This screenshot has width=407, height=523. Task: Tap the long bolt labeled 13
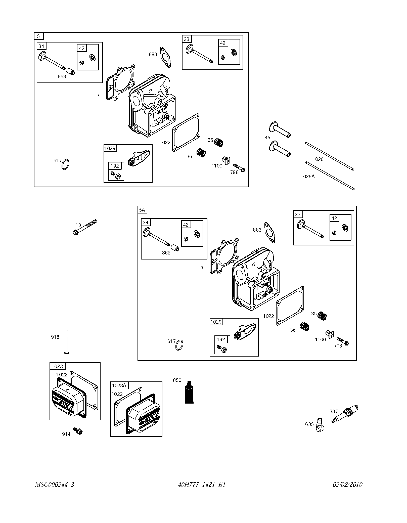click(85, 227)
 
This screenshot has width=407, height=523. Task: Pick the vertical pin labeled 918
click(67, 341)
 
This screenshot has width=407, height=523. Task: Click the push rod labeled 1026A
click(330, 176)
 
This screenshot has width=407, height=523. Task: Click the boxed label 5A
click(142, 210)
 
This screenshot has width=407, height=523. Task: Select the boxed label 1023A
click(119, 385)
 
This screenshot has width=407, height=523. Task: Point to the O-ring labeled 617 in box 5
click(66, 164)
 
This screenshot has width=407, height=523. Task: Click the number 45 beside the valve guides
click(267, 138)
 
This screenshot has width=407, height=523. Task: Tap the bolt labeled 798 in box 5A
click(343, 341)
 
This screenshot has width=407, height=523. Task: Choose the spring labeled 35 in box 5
click(218, 143)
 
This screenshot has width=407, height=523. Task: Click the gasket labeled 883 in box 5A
click(269, 233)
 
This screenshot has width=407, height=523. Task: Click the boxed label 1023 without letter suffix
click(57, 366)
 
